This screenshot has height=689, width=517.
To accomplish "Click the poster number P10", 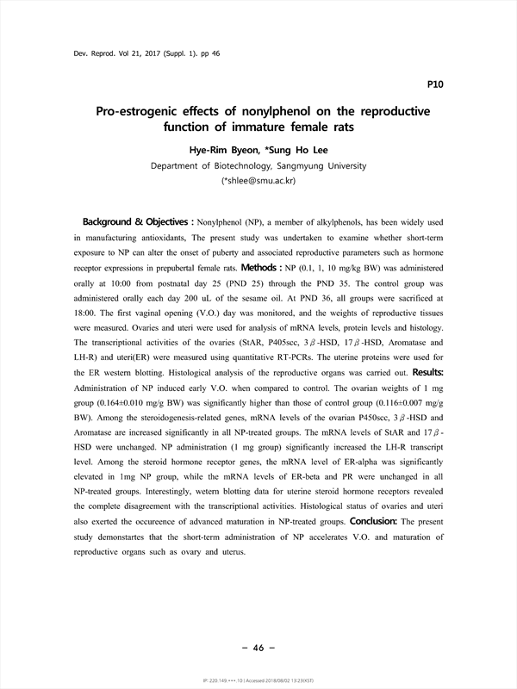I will pyautogui.click(x=435, y=84).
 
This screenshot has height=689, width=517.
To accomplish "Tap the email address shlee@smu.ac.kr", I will pyautogui.click(x=260, y=181).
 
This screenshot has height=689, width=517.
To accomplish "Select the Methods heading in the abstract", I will pyautogui.click(x=294, y=268).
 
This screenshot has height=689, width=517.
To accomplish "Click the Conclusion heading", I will pyautogui.click(x=373, y=521).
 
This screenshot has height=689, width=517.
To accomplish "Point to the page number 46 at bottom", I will pyautogui.click(x=258, y=647).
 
